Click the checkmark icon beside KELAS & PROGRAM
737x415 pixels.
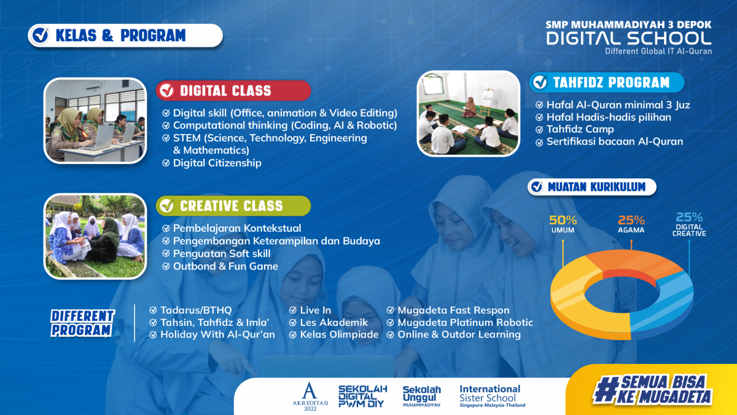(41, 35)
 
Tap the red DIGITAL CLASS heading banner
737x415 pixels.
(233, 90)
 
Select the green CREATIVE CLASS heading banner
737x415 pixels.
(233, 206)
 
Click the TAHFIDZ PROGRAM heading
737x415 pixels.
(606, 82)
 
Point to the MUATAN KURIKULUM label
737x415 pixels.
(592, 187)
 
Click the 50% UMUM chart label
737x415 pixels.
(563, 224)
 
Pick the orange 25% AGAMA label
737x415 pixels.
(631, 224)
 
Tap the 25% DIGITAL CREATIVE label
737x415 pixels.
(689, 224)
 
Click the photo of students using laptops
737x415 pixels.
(95, 121)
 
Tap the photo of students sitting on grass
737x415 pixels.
(95, 236)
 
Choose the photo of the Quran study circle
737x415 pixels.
(468, 113)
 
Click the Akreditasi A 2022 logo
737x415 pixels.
(310, 397)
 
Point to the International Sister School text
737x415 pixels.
(492, 396)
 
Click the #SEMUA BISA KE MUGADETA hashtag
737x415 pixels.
(652, 389)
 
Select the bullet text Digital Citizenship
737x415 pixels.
(217, 163)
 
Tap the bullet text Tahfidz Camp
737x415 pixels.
(580, 129)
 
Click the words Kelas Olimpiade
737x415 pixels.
(339, 334)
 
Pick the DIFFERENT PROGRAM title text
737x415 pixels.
(82, 323)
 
